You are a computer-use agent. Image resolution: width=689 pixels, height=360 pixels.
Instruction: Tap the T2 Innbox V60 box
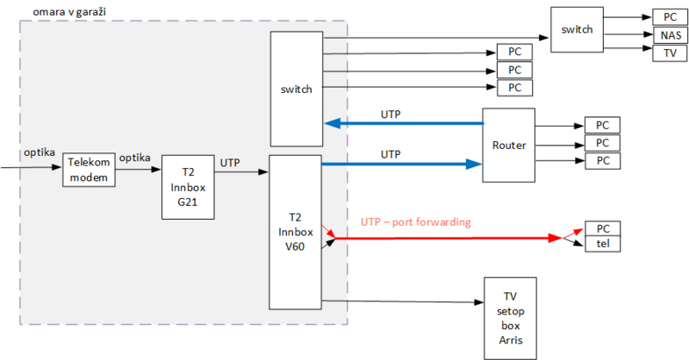coord(295,231)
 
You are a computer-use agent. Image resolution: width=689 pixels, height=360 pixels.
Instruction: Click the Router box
coord(509,145)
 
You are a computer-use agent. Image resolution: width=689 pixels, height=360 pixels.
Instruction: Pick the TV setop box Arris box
coord(510,319)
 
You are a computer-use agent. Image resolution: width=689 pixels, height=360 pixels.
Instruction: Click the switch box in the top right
coord(576,29)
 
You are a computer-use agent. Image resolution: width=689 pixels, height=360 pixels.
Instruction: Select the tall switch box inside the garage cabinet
coord(295,89)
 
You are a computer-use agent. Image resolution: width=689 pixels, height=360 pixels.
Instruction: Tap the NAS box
coord(669,35)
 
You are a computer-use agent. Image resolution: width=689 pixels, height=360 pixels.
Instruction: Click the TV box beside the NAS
coord(669,53)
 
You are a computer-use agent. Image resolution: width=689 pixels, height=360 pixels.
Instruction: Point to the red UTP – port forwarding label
coord(415,222)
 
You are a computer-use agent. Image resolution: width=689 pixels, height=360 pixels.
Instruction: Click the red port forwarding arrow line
coord(448,238)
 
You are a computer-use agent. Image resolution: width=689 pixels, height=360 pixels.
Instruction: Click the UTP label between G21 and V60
coord(230,162)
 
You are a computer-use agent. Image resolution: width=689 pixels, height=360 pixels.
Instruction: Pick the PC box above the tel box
coord(603,229)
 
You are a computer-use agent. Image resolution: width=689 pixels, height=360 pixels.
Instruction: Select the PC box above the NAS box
coord(669,17)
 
